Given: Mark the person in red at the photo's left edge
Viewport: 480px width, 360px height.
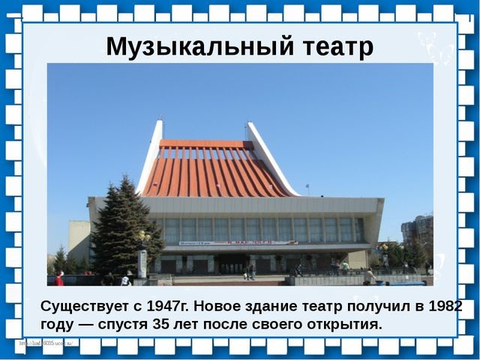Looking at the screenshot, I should pos(59,278).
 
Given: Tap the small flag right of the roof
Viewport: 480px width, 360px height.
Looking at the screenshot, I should pos(307,185).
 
